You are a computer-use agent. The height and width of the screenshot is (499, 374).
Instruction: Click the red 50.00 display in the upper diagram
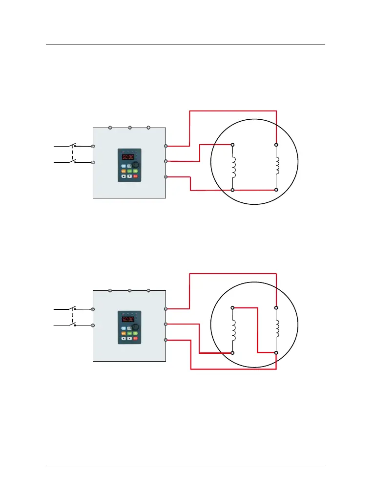tap(128, 157)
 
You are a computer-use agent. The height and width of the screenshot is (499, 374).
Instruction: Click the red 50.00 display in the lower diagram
tap(128, 320)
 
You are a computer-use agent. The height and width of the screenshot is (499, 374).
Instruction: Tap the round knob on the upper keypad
tap(136, 165)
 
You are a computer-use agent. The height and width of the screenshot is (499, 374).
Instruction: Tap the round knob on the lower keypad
tap(136, 327)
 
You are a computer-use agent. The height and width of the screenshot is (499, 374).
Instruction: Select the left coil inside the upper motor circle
tap(233, 167)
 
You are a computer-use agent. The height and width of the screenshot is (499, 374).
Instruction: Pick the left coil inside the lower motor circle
tap(233, 330)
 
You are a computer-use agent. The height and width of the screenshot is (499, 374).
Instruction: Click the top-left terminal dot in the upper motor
tap(232, 145)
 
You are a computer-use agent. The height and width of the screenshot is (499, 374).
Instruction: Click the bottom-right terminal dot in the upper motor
tap(276, 189)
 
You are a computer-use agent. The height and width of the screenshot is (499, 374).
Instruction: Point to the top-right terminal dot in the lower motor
tap(276, 307)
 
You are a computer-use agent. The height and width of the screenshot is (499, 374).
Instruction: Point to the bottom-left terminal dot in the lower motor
tap(232, 352)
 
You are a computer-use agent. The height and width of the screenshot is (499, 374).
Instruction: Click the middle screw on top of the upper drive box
tap(130, 128)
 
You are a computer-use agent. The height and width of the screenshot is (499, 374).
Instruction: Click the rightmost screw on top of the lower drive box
tap(148, 291)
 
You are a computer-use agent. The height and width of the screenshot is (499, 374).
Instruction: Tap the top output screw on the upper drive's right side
tap(166, 146)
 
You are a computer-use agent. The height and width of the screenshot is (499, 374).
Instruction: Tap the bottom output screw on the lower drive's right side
tap(166, 339)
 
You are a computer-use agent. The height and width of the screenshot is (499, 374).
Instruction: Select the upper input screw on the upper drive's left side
tap(93, 146)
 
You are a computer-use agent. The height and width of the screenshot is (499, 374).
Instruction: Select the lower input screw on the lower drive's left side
tap(93, 325)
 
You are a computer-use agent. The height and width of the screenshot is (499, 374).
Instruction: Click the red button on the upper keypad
tap(135, 175)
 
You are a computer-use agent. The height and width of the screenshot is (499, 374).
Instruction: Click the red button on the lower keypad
tap(135, 338)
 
